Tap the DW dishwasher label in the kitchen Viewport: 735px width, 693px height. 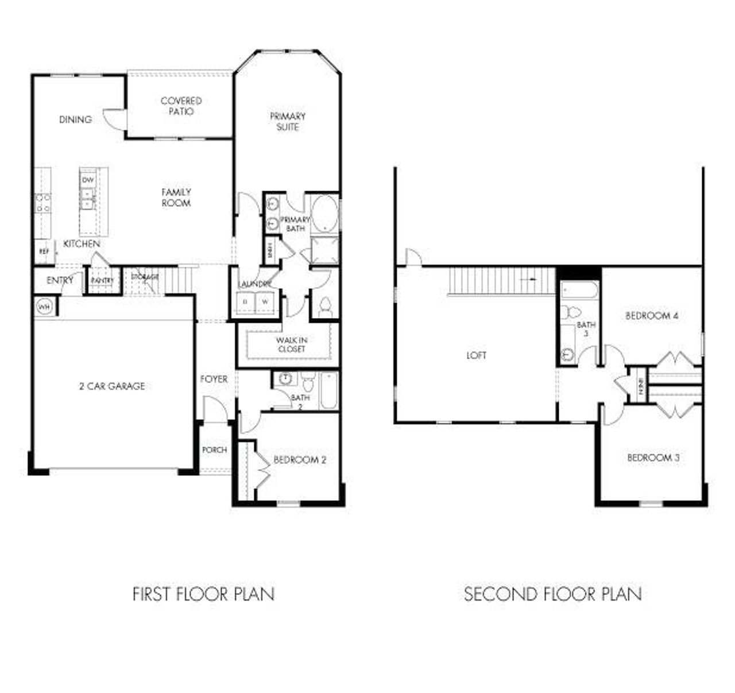point(88,180)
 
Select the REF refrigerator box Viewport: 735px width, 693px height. point(44,251)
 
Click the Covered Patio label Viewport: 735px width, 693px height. point(181,106)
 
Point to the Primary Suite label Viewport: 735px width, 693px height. point(288,121)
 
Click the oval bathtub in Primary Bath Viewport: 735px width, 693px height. point(324,214)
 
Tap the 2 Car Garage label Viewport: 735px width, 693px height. point(112,386)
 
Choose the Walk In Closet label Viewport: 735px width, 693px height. point(291,344)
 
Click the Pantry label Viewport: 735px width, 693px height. point(103,280)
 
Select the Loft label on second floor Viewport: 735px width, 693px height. point(476,355)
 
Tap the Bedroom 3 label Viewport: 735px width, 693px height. point(653,458)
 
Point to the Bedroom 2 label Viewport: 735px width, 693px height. point(300,459)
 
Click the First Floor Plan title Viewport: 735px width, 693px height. point(203,594)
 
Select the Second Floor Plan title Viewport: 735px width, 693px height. point(552,594)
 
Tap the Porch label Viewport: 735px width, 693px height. point(214,450)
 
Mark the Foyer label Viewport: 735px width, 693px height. point(214,379)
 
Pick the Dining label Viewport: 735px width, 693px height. point(75,119)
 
